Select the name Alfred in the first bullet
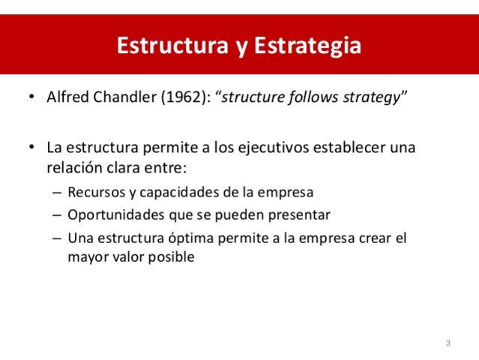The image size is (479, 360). pos(65,97)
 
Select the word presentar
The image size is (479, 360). pos(300,215)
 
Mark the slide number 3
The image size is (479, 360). pos(448,343)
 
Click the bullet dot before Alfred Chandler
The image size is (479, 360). pos(31,98)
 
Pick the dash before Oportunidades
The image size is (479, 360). pos(58,215)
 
